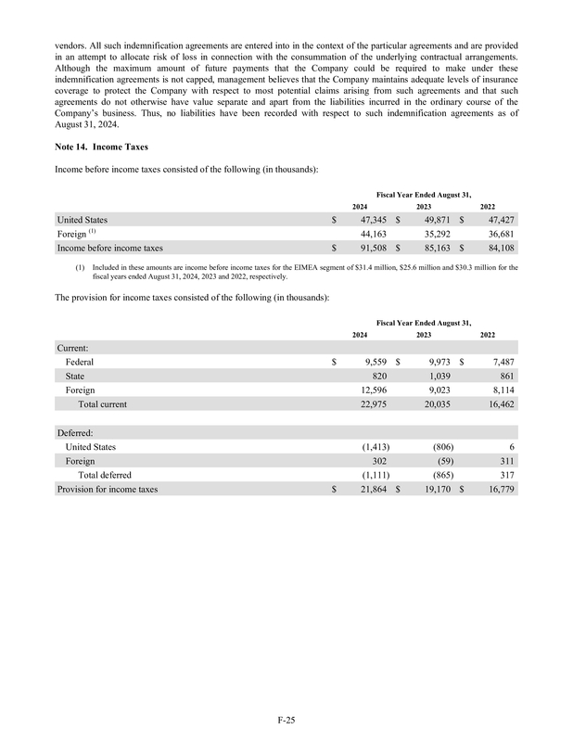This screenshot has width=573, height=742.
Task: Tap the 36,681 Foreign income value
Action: pyautogui.click(x=497, y=234)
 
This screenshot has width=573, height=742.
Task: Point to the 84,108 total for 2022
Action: pyautogui.click(x=497, y=249)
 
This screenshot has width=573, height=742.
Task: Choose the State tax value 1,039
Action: pyautogui.click(x=436, y=377)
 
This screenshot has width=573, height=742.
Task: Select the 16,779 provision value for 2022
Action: pyautogui.click(x=497, y=489)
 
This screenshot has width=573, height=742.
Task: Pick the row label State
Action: pyautogui.click(x=76, y=377)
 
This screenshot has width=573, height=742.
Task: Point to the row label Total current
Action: pyautogui.click(x=102, y=404)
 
